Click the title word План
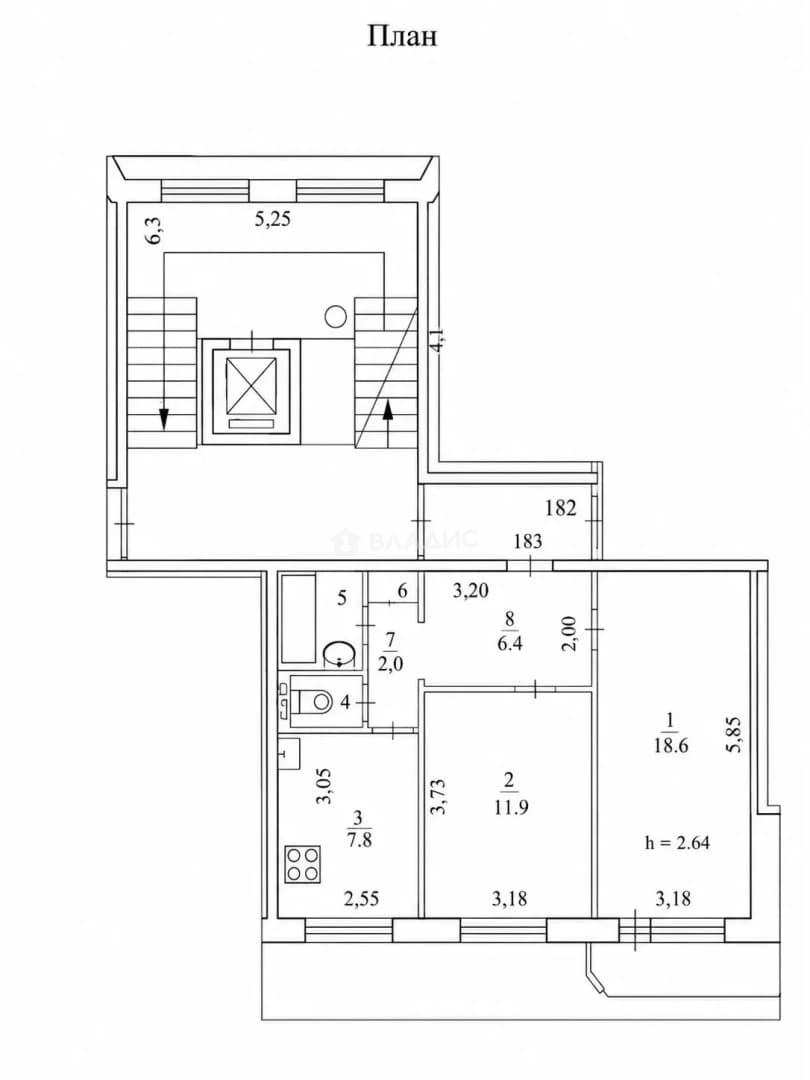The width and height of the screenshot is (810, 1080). pyautogui.click(x=402, y=37)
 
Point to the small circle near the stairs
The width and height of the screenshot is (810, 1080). pyautogui.click(x=335, y=317)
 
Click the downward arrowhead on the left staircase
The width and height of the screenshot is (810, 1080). pyautogui.click(x=163, y=417)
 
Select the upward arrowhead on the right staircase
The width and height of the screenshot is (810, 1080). pyautogui.click(x=388, y=411)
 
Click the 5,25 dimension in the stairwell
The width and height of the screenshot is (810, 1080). pyautogui.click(x=273, y=219)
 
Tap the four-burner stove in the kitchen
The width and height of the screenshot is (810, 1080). pyautogui.click(x=303, y=864)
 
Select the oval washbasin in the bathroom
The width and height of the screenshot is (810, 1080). pyautogui.click(x=340, y=652)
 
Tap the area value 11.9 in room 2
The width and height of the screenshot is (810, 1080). pyautogui.click(x=510, y=807)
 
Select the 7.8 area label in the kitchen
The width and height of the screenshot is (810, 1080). pyautogui.click(x=357, y=840)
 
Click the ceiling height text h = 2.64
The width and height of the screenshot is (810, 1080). pyautogui.click(x=676, y=842)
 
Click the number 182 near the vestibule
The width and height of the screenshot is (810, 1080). pyautogui.click(x=560, y=508)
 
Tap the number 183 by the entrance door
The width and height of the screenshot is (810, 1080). pyautogui.click(x=528, y=541)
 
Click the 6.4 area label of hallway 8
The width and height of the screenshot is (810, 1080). pyautogui.click(x=509, y=643)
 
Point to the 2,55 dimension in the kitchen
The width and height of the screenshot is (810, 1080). pyautogui.click(x=361, y=898)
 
